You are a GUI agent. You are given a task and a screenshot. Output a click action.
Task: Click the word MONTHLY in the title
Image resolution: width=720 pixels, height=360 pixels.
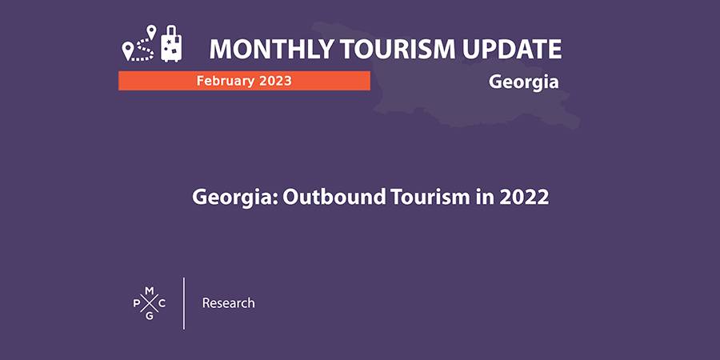(x=272, y=49)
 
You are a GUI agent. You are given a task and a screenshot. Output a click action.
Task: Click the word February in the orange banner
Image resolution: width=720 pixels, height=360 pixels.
(x=225, y=81)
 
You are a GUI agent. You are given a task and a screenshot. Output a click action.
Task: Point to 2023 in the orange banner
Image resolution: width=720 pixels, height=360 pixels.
(x=274, y=81)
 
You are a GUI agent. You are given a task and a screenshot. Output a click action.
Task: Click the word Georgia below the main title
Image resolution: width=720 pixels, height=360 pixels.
(x=523, y=82)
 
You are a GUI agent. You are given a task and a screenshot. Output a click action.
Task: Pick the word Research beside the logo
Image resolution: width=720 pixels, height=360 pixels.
(x=228, y=303)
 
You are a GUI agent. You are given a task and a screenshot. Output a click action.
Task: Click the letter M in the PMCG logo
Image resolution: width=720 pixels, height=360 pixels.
(x=150, y=290)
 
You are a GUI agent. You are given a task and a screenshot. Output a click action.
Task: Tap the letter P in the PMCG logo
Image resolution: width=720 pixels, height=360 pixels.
(x=136, y=303)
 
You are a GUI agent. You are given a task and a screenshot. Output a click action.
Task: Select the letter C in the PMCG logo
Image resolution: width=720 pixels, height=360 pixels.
(x=162, y=303)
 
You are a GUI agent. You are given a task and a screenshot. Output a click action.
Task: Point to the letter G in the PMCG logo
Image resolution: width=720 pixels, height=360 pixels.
(x=150, y=316)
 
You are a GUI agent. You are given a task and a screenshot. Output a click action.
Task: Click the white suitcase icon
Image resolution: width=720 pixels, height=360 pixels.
(x=171, y=44)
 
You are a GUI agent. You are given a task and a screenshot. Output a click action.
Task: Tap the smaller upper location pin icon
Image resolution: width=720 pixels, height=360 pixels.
(x=151, y=31)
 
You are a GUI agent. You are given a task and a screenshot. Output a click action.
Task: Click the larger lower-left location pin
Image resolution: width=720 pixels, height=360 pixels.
(x=127, y=51)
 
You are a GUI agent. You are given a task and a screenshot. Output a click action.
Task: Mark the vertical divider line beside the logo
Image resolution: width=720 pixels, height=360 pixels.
(x=184, y=303)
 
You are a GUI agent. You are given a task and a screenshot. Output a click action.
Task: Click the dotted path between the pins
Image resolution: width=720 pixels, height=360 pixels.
(x=143, y=50)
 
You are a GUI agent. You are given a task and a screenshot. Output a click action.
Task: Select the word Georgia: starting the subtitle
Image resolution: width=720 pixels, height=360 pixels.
(x=234, y=198)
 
